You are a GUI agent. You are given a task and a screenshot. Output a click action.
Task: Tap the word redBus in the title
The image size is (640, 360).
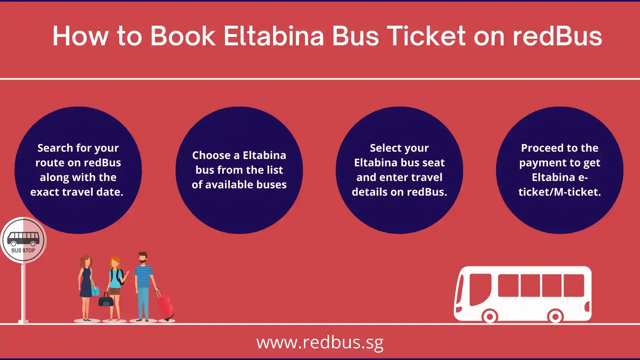click(x=557, y=36)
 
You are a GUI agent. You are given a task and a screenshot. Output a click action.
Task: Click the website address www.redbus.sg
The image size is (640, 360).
click(x=320, y=342)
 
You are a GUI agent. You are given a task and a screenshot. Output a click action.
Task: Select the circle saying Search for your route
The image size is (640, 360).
click(x=78, y=170)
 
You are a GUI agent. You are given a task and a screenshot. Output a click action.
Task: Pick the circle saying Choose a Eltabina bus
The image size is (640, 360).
click(x=239, y=170)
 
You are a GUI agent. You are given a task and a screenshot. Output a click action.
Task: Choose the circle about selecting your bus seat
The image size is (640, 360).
click(x=399, y=170)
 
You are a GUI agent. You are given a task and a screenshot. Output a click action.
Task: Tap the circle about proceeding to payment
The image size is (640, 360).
click(x=560, y=170)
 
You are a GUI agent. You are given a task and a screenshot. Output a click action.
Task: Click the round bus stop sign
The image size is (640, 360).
click(x=23, y=240)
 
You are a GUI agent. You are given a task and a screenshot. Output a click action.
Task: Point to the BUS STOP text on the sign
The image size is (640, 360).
click(x=23, y=250)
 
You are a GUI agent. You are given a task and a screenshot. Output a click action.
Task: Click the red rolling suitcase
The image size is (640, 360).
click(x=165, y=305)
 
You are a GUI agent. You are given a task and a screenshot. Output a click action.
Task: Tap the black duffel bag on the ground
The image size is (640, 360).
click(x=106, y=300)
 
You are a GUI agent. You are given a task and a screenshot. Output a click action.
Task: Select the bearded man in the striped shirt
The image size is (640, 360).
click(x=144, y=287)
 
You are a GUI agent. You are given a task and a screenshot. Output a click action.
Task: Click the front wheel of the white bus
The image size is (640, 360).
click(x=490, y=316)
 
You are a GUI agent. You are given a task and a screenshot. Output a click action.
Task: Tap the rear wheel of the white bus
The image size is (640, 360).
click(x=555, y=316)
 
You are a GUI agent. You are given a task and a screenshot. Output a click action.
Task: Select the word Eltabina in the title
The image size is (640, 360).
click(x=273, y=36)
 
